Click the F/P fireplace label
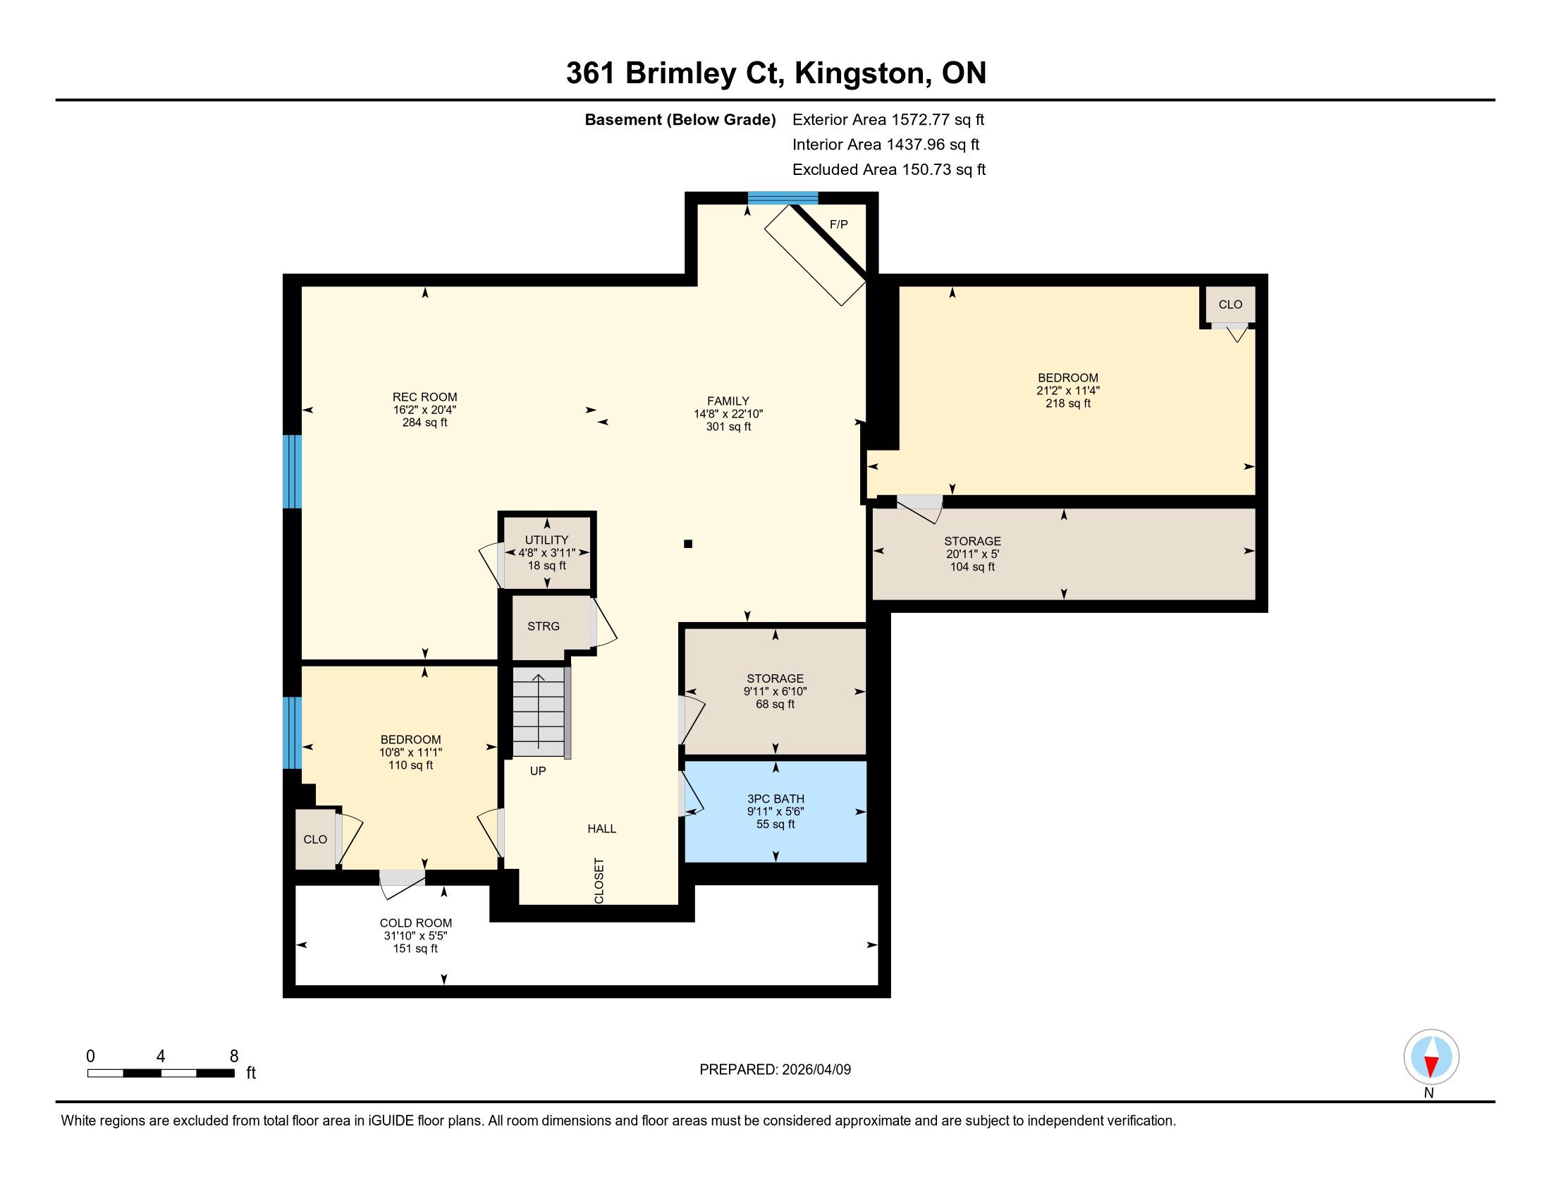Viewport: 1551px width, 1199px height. click(839, 224)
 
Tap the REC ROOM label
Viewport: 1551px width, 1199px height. click(424, 397)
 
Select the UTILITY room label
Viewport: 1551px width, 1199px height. click(546, 540)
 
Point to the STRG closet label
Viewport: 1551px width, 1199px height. click(544, 626)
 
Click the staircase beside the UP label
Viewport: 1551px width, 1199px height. click(540, 712)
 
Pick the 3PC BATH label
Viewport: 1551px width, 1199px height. click(775, 798)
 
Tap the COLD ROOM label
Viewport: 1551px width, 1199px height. click(415, 923)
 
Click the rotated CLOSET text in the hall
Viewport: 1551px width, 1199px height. click(599, 881)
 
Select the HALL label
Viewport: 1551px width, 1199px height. click(601, 828)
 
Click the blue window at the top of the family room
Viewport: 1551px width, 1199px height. click(783, 198)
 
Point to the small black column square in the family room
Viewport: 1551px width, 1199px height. click(687, 544)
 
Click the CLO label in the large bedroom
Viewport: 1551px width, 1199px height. click(1230, 304)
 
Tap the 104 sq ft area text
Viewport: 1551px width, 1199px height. click(972, 567)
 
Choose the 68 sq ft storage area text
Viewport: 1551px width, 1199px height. click(775, 704)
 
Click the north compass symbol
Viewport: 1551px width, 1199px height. click(1431, 1057)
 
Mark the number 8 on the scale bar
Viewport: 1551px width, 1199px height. click(233, 1057)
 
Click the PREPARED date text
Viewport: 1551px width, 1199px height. click(775, 1069)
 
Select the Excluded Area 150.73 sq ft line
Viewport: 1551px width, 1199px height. click(888, 169)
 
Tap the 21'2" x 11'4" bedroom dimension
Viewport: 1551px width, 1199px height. click(1067, 390)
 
